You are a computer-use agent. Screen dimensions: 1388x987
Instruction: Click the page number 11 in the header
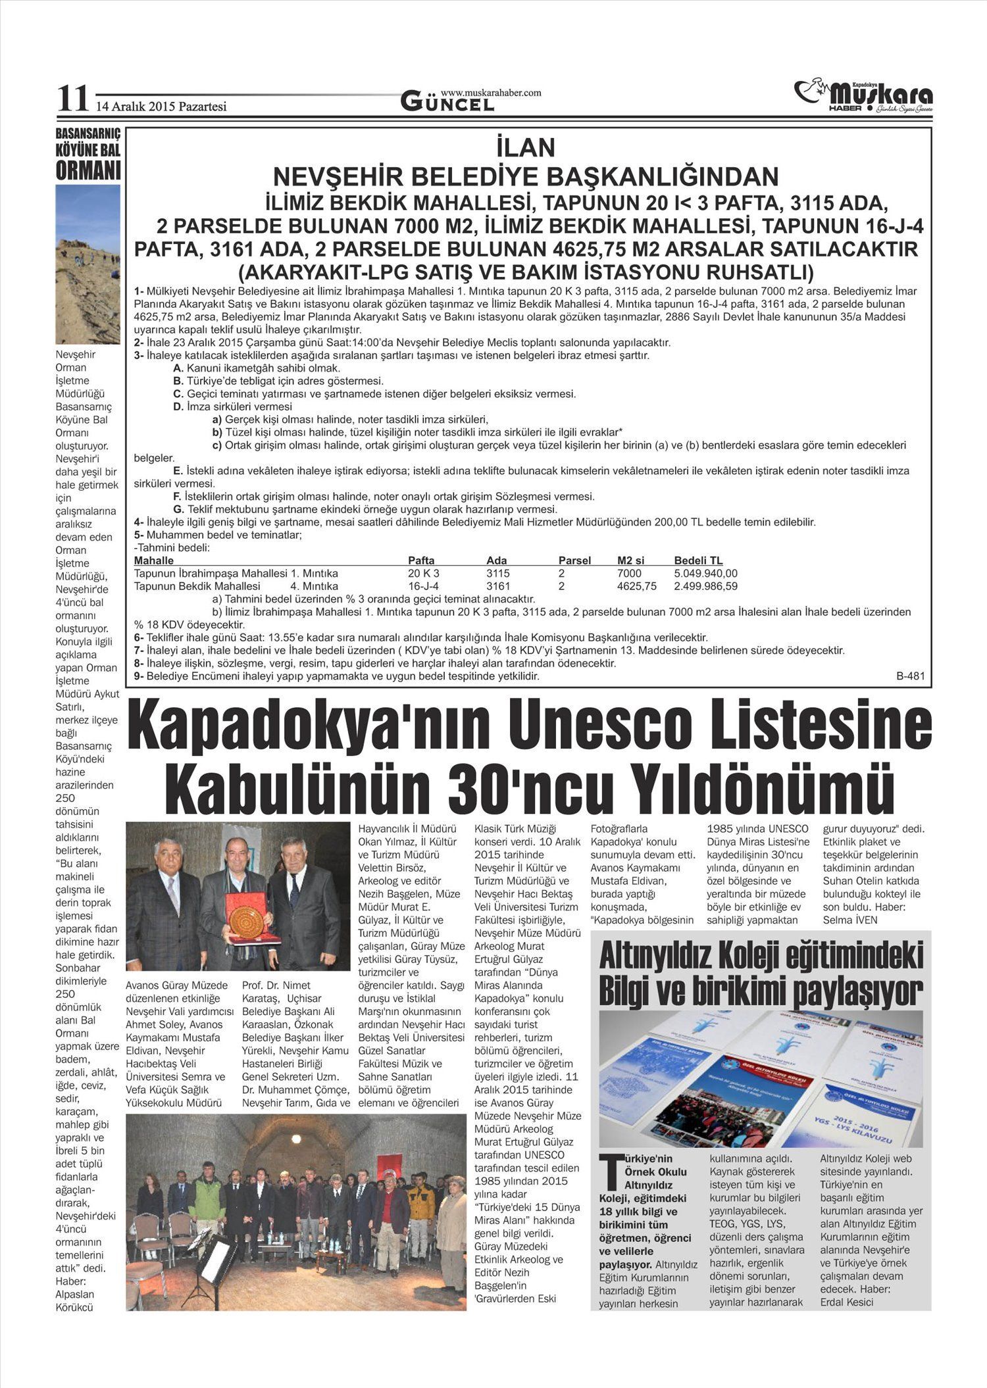click(x=72, y=99)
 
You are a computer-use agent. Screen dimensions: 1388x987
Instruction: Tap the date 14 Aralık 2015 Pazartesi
click(x=162, y=106)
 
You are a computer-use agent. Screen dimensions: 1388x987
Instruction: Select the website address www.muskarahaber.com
click(x=491, y=93)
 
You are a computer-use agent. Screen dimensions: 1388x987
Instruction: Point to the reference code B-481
click(x=911, y=676)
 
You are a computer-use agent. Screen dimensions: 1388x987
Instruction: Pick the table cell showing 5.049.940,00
click(x=705, y=574)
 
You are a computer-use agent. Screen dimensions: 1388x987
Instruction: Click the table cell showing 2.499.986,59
click(x=705, y=586)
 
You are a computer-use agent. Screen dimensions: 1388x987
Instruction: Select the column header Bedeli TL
click(x=698, y=560)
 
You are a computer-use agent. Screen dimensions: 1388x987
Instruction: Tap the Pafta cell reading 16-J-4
click(x=423, y=586)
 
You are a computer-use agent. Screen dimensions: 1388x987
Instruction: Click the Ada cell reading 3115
click(x=498, y=574)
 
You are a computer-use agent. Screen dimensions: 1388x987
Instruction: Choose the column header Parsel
click(x=574, y=560)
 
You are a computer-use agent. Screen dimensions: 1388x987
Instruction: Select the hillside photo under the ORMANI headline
click(x=88, y=263)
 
